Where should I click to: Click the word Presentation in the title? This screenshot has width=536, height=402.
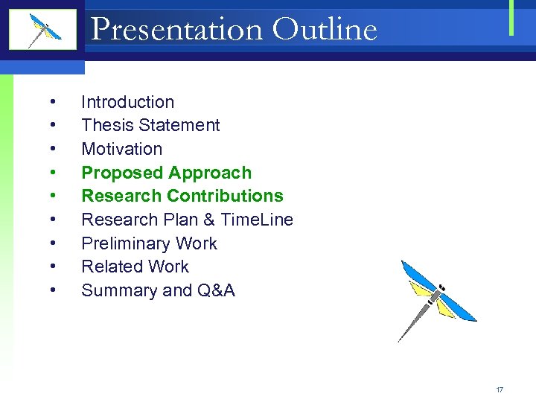pos(177,30)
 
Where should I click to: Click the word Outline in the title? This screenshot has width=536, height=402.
pos(325,30)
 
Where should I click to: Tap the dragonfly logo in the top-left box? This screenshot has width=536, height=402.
pos(43,30)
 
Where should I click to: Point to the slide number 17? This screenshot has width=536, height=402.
pos(500,389)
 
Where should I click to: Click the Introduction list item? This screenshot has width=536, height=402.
pos(127,102)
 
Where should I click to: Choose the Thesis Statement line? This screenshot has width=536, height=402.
pos(150,125)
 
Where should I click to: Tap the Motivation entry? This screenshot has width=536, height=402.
pos(121,149)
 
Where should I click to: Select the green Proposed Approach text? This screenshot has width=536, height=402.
pos(166,173)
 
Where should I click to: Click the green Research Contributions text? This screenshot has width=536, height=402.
pos(182,196)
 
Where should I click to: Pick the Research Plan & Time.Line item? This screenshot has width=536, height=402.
pos(187,220)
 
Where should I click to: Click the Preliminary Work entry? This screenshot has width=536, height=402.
pos(149,243)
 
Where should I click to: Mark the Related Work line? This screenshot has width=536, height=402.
pos(135,267)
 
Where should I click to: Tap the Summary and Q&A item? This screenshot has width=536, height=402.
pos(158,290)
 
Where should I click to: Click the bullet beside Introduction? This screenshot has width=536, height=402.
pos(54,103)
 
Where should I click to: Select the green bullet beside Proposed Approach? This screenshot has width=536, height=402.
pos(54,173)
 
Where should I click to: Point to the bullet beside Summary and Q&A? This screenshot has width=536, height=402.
pos(54,291)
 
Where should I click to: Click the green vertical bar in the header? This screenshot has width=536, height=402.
pos(511,17)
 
